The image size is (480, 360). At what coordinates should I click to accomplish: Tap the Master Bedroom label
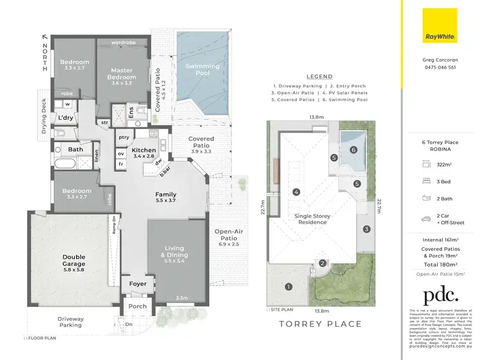click(121, 74)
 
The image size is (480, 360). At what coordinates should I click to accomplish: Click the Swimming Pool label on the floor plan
click(202, 70)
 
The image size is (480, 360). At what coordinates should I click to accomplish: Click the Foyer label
click(138, 284)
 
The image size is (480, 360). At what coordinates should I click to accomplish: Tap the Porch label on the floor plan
click(138, 306)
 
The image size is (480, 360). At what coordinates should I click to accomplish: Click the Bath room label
click(75, 150)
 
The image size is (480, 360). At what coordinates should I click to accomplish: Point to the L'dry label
click(65, 118)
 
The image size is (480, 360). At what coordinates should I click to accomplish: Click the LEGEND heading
click(319, 76)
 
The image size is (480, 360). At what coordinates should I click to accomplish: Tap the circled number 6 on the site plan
click(353, 149)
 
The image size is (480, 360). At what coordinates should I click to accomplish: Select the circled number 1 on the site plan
click(288, 286)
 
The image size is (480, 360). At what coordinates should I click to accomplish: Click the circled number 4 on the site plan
click(296, 192)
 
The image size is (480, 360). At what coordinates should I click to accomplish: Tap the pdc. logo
click(440, 296)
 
